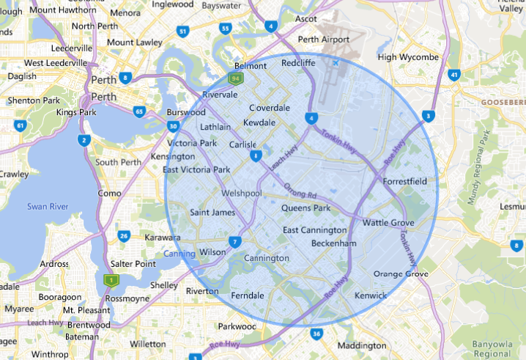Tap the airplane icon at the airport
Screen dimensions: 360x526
(336, 63)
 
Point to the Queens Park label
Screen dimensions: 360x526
(305, 208)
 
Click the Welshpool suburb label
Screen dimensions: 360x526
(242, 193)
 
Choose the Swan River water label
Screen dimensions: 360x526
(48, 207)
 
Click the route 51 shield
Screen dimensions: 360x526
(182, 32)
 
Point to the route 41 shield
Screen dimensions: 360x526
(455, 75)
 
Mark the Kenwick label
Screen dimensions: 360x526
(370, 295)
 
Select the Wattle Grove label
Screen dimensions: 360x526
(388, 223)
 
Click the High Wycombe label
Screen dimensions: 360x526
(407, 57)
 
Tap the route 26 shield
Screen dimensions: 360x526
(124, 235)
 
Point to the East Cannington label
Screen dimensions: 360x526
(315, 231)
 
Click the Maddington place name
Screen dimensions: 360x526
(360, 345)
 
